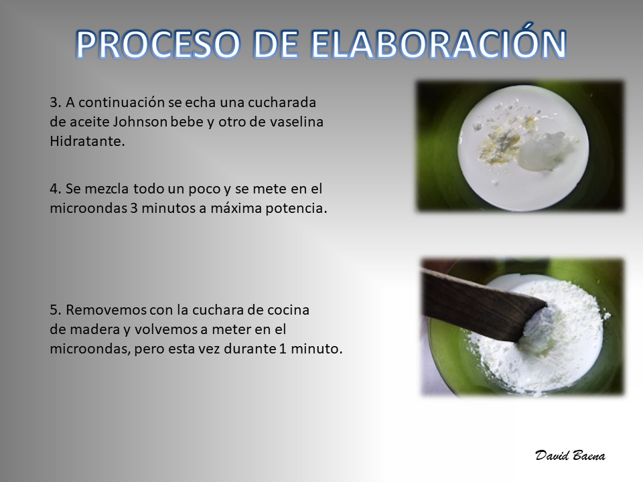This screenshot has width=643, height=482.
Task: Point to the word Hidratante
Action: [87, 141]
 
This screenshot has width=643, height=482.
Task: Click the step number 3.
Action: [56, 102]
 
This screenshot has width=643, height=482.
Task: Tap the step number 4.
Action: [56, 189]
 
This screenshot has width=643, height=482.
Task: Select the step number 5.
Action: [56, 310]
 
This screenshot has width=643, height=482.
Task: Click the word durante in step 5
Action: [250, 349]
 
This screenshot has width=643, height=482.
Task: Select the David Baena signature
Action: [570, 455]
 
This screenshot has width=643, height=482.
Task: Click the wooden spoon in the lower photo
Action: [480, 304]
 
